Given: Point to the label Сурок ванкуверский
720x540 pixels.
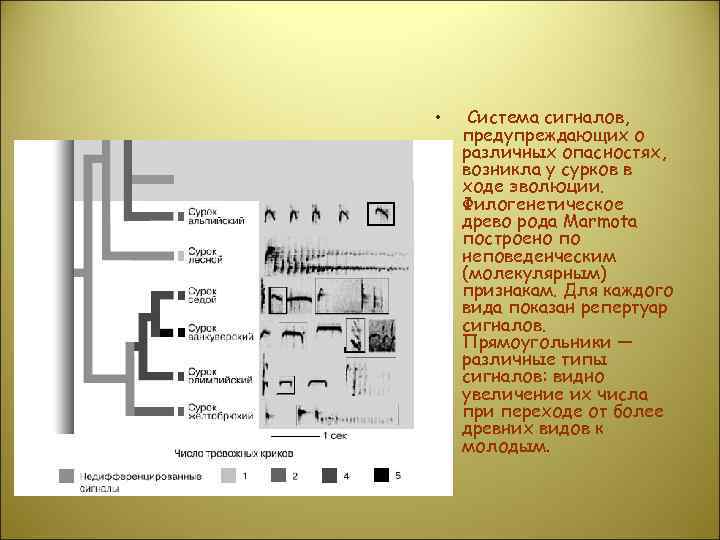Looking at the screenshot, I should pos(211,332).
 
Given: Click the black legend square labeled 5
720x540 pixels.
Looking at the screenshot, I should pos(381,475).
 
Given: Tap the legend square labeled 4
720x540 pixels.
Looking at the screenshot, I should pos(329,475).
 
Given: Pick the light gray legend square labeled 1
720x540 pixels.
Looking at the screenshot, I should pos(228,475).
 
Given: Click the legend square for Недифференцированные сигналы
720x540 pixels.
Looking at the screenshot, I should pos(66,475).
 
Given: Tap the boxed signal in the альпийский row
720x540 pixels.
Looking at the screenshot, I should pos(380,213).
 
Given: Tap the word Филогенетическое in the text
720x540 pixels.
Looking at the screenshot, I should pos(536,205).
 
